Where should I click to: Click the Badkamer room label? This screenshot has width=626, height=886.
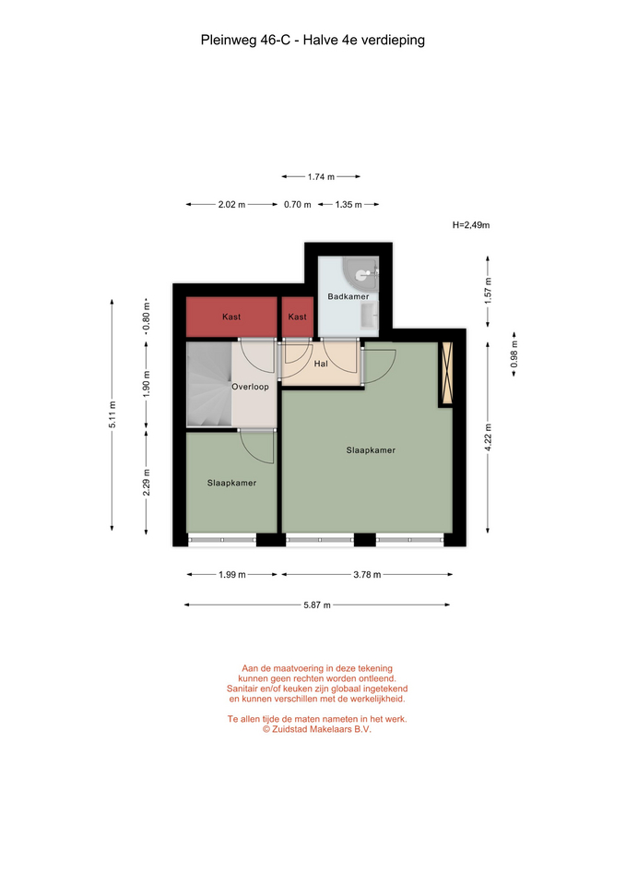(348, 296)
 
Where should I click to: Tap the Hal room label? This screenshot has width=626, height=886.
(321, 364)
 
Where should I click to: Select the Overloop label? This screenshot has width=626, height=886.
(250, 387)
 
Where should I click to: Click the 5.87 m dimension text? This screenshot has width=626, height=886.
(316, 605)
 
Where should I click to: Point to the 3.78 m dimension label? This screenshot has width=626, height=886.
(367, 575)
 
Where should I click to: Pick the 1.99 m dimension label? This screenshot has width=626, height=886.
(232, 575)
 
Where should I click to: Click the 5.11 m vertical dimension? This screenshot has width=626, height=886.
(112, 414)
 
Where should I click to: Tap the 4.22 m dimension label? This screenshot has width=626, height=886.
(489, 437)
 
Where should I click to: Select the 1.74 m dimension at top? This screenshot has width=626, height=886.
(321, 177)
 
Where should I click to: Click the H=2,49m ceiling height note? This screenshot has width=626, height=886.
(471, 225)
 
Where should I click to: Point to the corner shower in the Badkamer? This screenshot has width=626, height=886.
(360, 274)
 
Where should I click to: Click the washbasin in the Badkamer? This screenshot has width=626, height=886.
(369, 316)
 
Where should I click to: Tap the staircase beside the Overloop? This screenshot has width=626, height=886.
(209, 384)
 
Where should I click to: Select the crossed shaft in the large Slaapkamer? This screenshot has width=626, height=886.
(446, 374)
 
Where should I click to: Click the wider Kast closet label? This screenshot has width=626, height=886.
(231, 317)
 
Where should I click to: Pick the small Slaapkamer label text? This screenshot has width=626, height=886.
(231, 483)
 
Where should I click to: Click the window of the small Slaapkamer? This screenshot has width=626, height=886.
(222, 540)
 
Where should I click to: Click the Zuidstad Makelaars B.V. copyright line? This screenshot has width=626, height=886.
(316, 729)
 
